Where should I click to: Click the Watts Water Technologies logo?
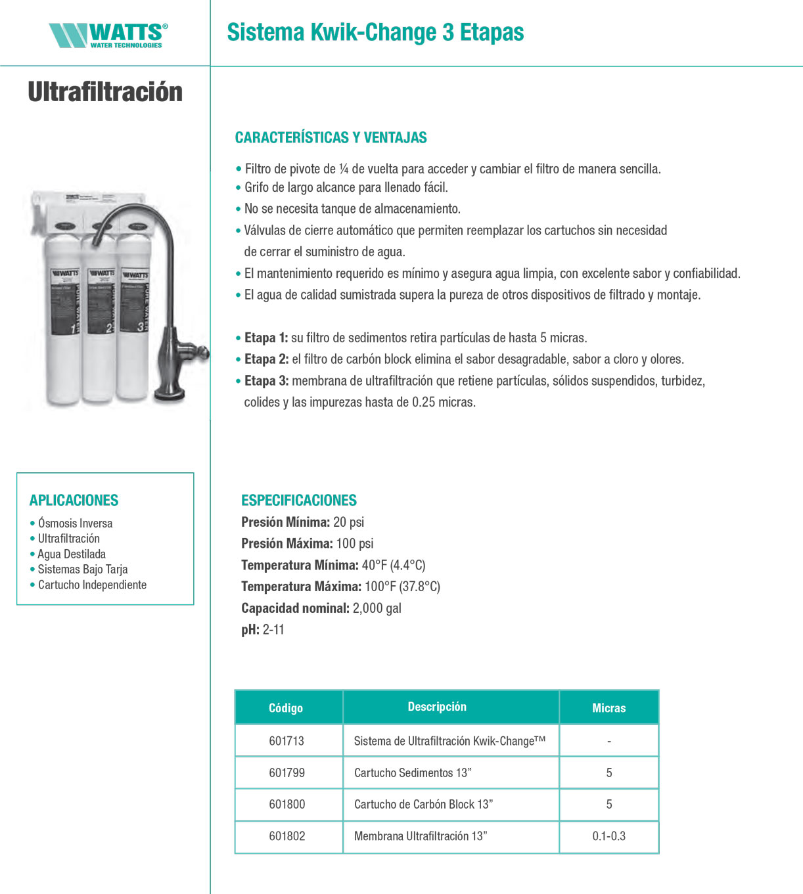108,35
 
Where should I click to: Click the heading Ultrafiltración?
105,92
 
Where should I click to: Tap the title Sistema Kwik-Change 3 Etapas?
375,32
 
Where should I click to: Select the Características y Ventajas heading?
331,138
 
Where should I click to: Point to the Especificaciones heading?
298,501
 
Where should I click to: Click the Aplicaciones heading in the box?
74,501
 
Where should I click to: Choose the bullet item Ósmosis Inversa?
75,524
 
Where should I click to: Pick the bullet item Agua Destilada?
72,554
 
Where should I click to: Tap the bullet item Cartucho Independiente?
92,585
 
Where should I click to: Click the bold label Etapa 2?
266,359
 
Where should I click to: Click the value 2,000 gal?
377,608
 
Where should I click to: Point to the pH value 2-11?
273,630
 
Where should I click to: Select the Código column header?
286,708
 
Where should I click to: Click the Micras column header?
608,708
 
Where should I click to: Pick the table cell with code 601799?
287,773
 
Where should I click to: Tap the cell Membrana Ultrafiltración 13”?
421,836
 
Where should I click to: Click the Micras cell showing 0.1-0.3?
608,836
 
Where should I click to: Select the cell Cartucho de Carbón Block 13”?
423,805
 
